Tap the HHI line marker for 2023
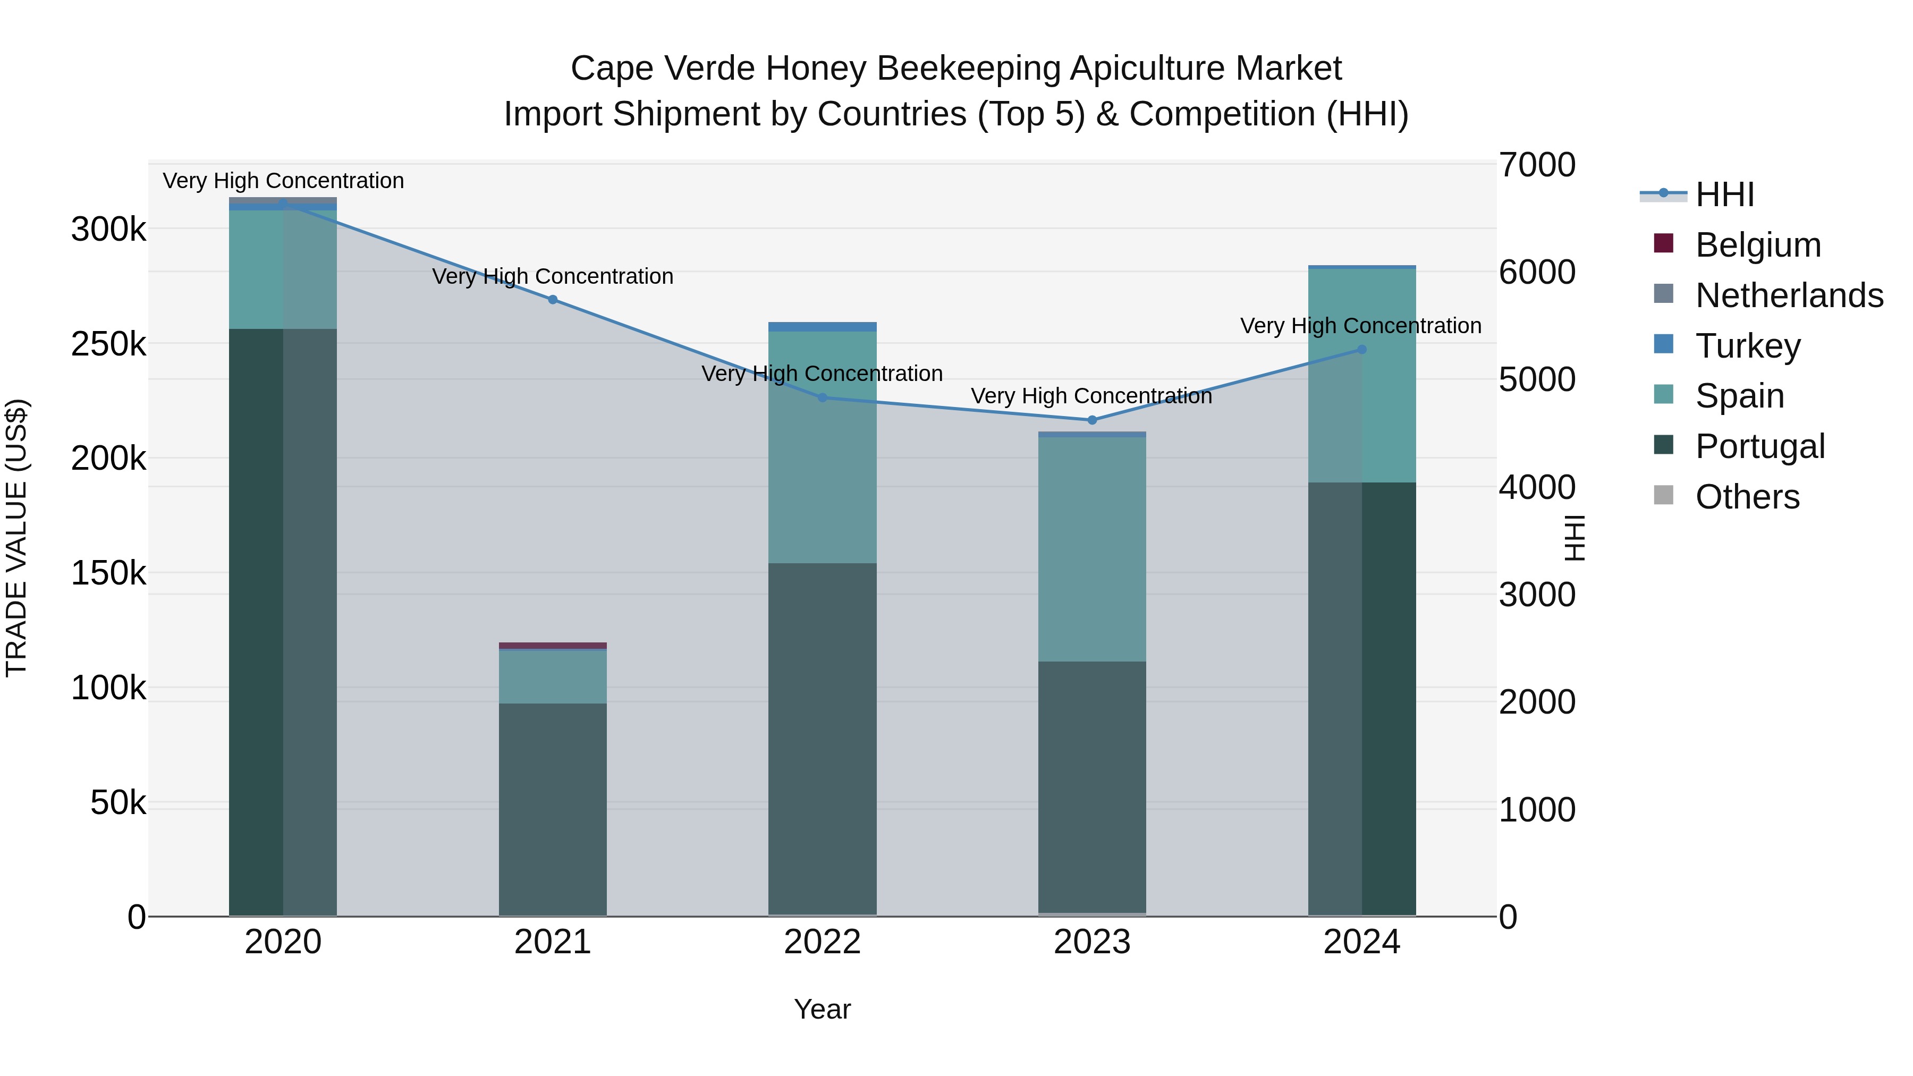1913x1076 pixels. point(1091,420)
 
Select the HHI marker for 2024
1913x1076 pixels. point(1361,350)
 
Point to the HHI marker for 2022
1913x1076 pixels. point(822,398)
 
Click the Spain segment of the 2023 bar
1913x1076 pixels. point(1091,549)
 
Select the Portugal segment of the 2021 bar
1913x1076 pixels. point(553,809)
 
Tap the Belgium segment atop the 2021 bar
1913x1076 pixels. point(553,645)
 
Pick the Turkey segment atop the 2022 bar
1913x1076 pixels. point(822,327)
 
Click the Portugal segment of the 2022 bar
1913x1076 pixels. point(822,739)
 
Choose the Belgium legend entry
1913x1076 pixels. point(1758,245)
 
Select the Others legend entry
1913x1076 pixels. point(1747,497)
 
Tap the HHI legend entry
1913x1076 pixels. point(1724,194)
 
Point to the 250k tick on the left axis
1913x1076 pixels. point(108,344)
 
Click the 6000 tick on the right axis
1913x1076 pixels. point(1536,273)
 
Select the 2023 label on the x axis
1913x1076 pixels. point(1091,942)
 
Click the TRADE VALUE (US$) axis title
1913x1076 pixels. point(16,538)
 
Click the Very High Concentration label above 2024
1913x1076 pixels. point(1360,326)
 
